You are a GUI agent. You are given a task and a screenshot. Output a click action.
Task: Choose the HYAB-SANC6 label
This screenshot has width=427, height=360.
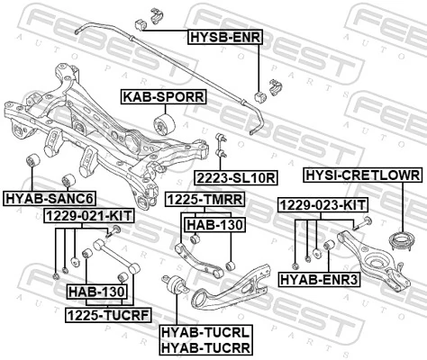(50, 197)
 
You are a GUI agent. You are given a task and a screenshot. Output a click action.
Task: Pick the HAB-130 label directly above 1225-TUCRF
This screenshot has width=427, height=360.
(96, 293)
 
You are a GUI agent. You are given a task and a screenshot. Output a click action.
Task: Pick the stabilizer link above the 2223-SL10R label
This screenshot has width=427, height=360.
(221, 148)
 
